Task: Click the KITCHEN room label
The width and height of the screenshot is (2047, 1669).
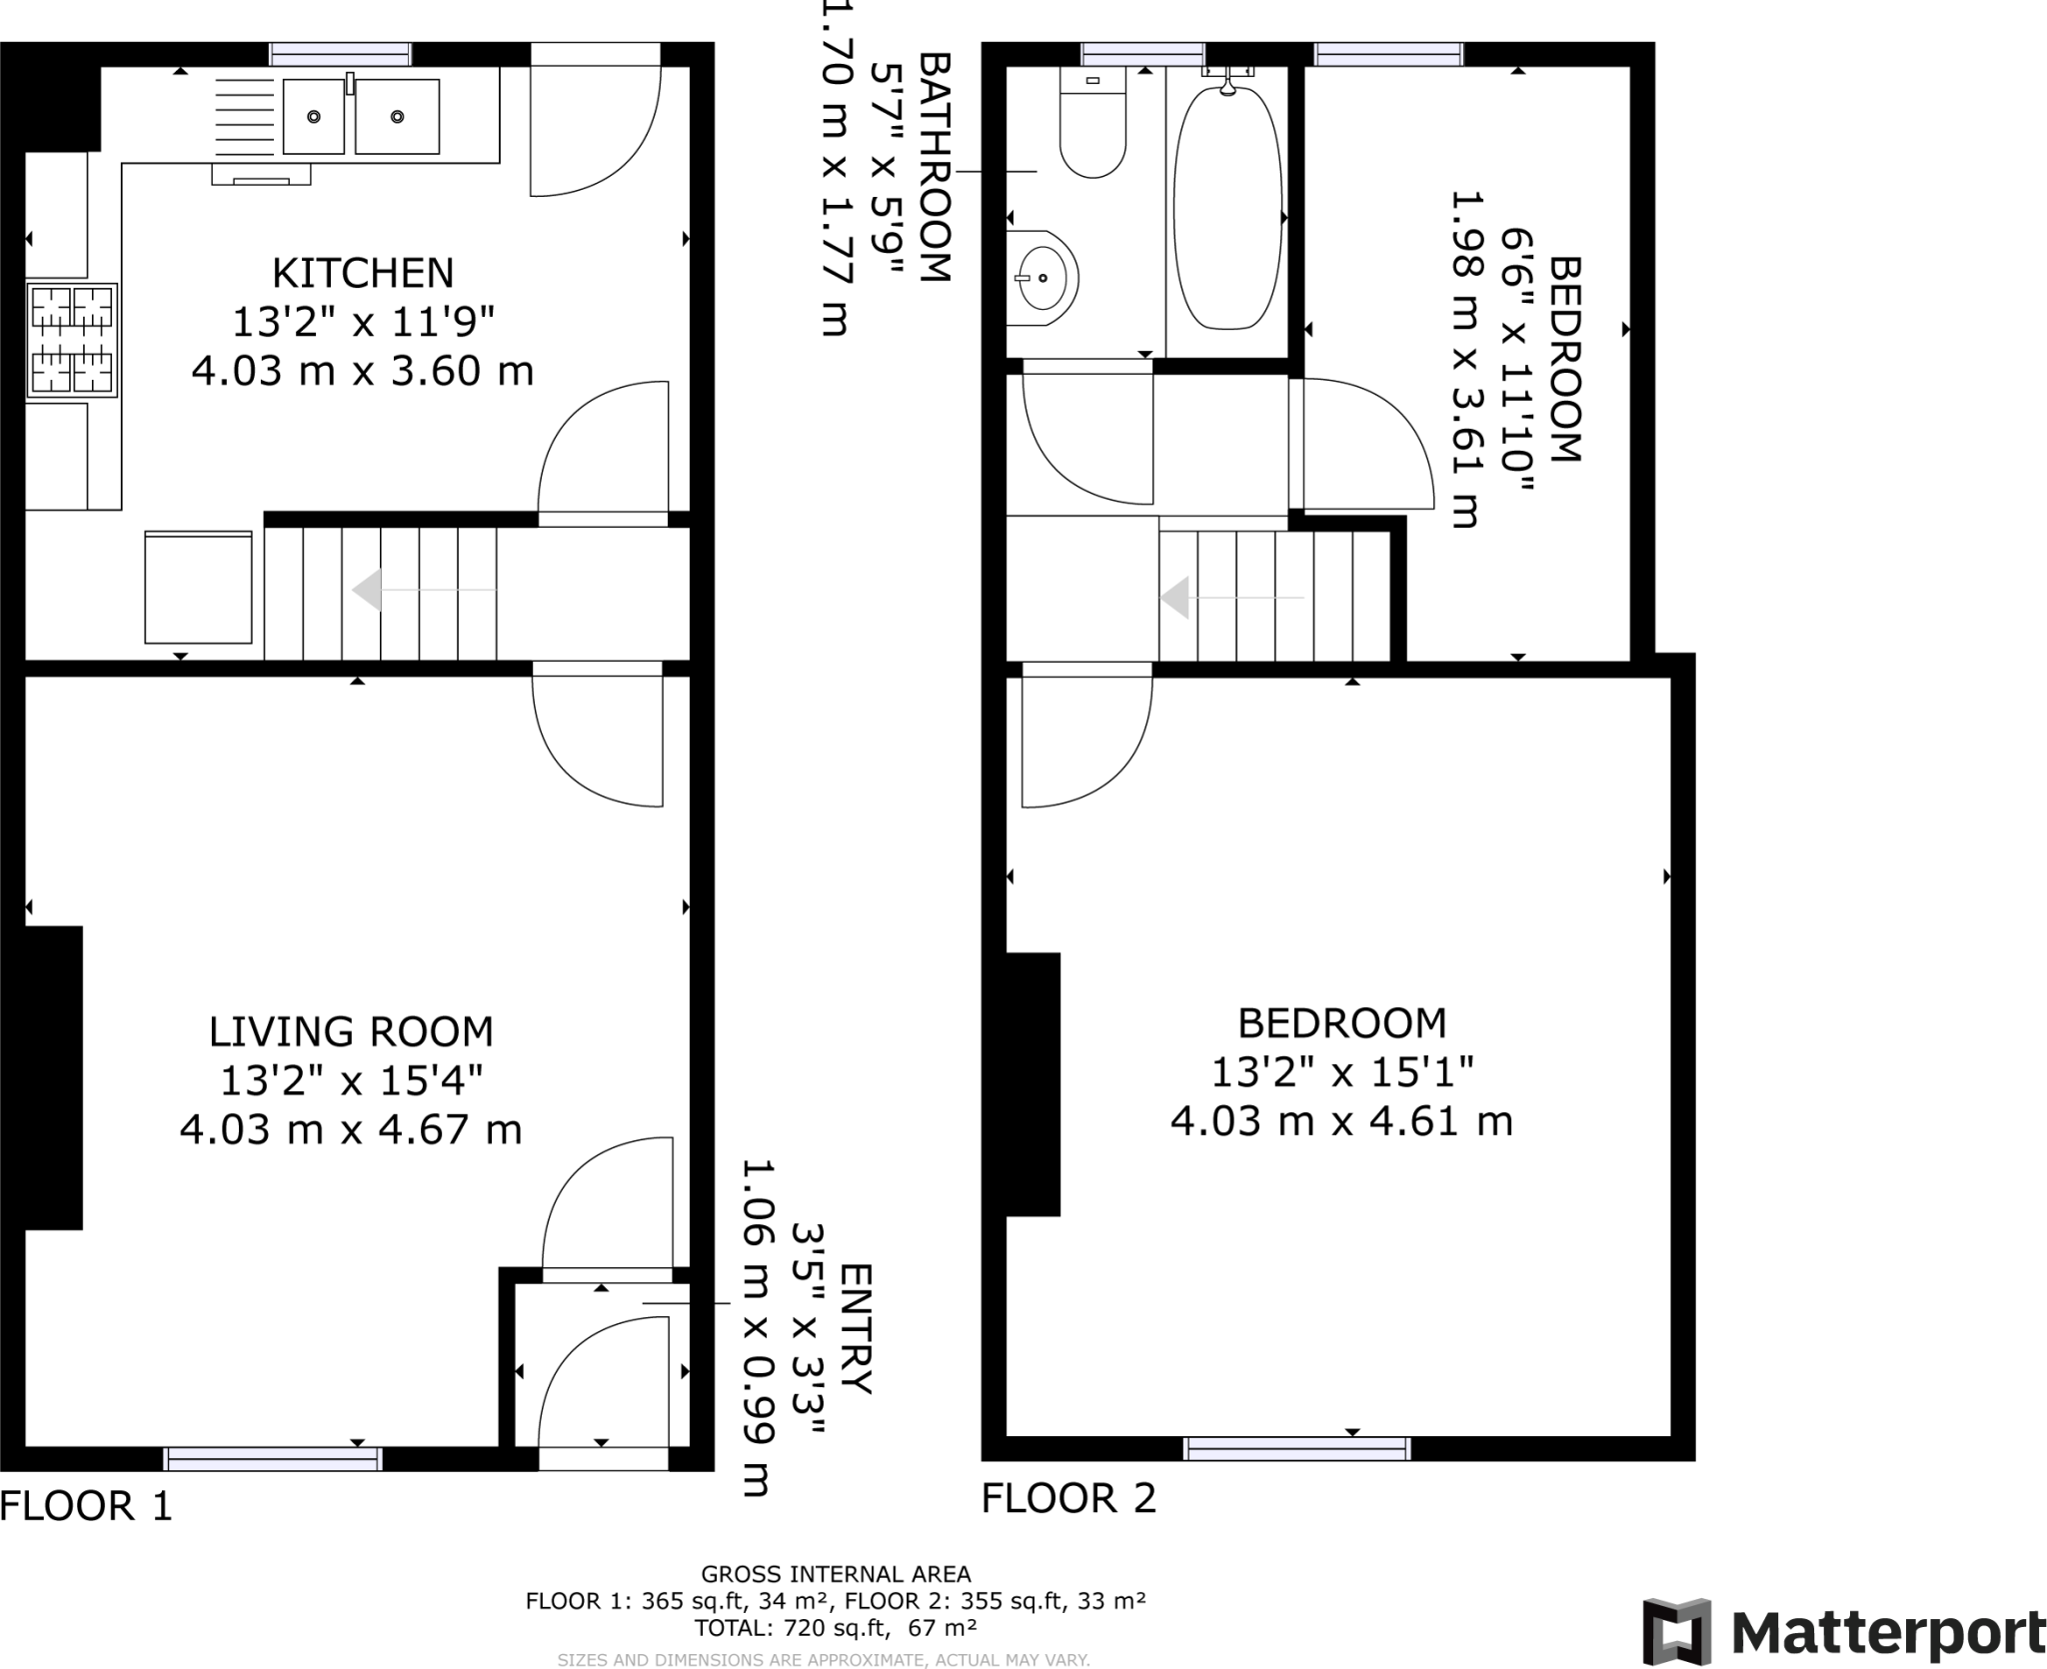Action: [363, 273]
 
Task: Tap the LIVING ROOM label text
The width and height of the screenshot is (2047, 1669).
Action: [351, 1031]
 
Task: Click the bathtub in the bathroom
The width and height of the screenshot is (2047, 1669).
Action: [1226, 210]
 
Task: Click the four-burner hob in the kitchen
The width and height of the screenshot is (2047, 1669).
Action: [72, 340]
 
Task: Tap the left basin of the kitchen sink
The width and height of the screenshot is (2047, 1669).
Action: [314, 117]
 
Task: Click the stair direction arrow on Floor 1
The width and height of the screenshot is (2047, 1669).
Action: [368, 590]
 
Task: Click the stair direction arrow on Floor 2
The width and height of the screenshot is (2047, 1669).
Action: [1174, 598]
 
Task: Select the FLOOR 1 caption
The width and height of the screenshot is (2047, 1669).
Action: [86, 1506]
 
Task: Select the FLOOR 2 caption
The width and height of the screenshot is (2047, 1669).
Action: [1068, 1498]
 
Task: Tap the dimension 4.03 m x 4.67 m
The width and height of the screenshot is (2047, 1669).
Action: [351, 1129]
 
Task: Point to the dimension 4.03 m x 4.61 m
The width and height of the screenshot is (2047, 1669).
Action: [1341, 1120]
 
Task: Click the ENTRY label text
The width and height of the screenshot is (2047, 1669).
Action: [857, 1329]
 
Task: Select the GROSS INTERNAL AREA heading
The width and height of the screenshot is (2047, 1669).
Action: [836, 1575]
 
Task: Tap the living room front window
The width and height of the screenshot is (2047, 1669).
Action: [273, 1459]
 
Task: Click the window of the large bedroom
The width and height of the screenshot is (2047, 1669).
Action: [1296, 1449]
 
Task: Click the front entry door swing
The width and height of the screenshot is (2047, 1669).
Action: [603, 1384]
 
